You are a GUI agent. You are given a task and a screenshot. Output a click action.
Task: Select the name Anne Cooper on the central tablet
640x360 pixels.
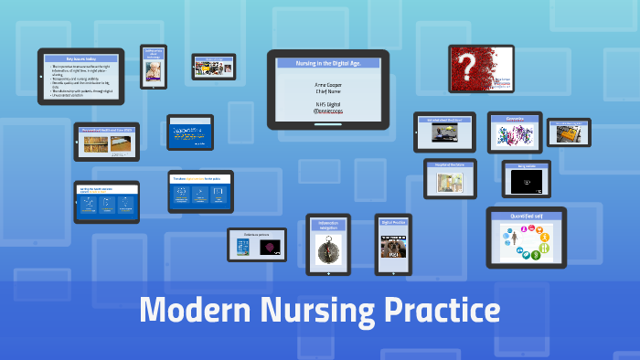pos(327,84)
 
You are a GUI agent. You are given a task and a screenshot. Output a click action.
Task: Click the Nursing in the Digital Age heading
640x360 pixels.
pos(327,62)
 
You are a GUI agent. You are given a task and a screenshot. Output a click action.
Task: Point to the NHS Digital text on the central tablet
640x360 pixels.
pos(327,103)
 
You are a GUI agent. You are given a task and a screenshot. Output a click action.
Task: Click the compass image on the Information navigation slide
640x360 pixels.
pos(328,248)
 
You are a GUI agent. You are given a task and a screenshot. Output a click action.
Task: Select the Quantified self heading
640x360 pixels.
pos(526,216)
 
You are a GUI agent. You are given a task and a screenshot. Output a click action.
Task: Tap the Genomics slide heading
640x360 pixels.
pos(515,119)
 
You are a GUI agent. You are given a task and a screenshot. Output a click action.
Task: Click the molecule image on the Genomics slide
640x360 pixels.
pos(515,135)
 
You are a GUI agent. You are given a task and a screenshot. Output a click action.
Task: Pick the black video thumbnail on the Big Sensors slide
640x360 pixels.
pos(526,182)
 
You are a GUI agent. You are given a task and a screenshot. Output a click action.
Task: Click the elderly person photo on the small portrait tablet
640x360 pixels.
pos(153,69)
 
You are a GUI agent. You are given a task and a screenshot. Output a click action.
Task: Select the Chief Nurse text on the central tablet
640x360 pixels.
pos(327,91)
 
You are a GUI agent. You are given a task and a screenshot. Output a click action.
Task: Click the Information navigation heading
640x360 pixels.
pos(328,224)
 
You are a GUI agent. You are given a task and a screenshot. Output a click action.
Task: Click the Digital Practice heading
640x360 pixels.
pos(393,223)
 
